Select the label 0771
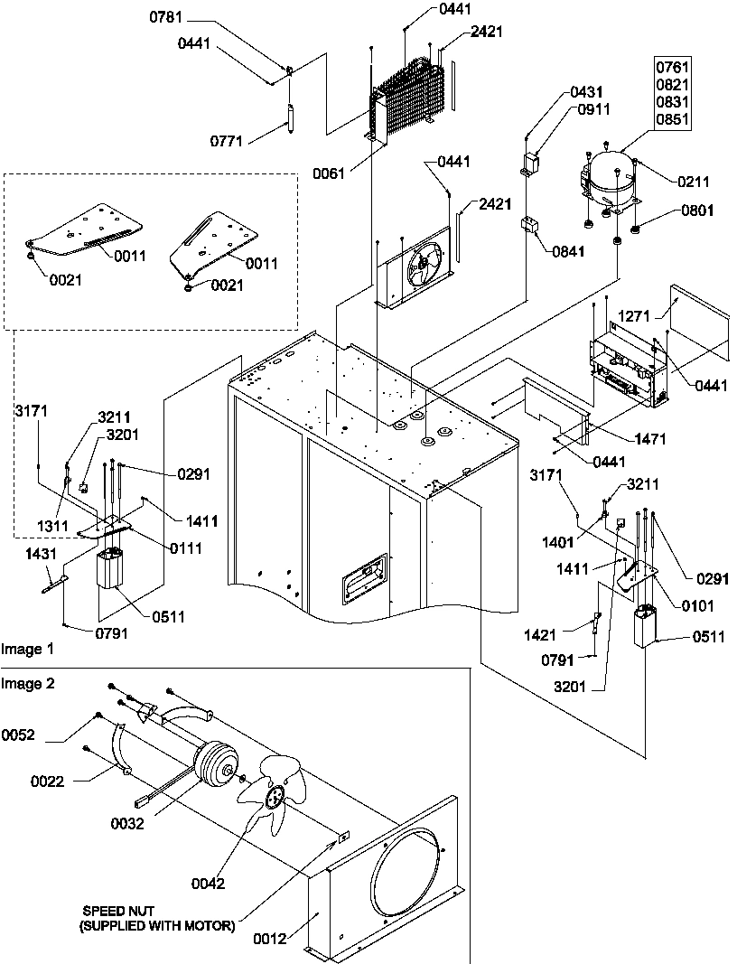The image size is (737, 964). (x=226, y=141)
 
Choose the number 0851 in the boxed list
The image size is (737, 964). (x=671, y=120)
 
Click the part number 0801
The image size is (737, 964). (x=698, y=211)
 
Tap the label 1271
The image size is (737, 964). (x=634, y=317)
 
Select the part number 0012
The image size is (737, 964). (x=270, y=939)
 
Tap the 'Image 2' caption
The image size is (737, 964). (x=28, y=683)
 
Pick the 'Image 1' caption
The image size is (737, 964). (x=28, y=649)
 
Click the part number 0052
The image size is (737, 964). (x=17, y=735)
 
